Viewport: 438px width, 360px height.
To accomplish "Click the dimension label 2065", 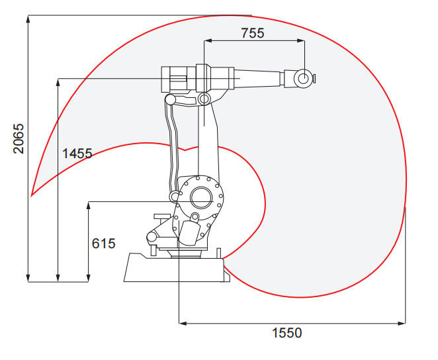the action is pyautogui.click(x=19, y=139).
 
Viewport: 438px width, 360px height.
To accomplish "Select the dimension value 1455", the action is pyautogui.click(x=77, y=154).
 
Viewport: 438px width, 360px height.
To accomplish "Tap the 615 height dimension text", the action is pyautogui.click(x=103, y=244).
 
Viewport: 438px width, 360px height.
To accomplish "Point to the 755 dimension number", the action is pyautogui.click(x=253, y=33).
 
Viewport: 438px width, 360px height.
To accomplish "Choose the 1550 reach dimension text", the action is pyautogui.click(x=287, y=333).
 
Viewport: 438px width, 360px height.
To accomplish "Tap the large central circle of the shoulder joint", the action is pyautogui.click(x=201, y=197).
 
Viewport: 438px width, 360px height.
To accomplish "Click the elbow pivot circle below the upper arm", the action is pyautogui.click(x=204, y=99).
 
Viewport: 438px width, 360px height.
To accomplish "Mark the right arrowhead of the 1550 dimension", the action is pyautogui.click(x=402, y=324).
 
